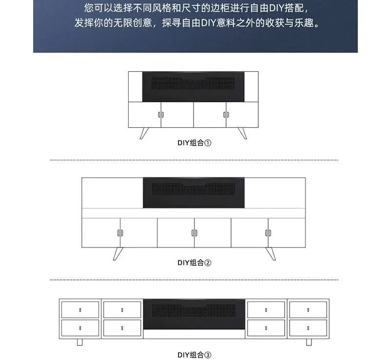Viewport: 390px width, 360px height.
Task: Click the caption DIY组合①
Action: point(194,143)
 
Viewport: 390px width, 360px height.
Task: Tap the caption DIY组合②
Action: point(194,263)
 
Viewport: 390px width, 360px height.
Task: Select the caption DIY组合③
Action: point(194,355)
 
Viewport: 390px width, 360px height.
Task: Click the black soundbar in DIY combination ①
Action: point(193,87)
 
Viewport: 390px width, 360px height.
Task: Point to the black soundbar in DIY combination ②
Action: point(194,193)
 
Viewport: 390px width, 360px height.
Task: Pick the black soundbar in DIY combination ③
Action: point(194,314)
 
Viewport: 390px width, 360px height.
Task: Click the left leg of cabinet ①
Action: point(144,133)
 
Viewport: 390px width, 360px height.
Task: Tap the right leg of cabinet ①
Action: point(242,133)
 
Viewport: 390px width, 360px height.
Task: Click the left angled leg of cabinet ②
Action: point(118,254)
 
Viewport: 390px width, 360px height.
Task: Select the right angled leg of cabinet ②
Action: point(271,254)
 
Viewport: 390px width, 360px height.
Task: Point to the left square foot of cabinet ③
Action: point(79,342)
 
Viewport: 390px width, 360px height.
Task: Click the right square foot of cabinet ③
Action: point(309,342)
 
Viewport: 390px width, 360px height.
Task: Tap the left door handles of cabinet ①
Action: point(161,114)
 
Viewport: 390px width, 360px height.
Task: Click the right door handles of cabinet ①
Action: point(226,114)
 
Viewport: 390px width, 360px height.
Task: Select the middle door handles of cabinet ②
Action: point(194,233)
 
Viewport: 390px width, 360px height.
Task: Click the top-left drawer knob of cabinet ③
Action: point(80,310)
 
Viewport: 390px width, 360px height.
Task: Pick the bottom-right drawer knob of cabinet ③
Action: point(308,328)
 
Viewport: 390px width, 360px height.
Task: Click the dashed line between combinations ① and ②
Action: point(194,160)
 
